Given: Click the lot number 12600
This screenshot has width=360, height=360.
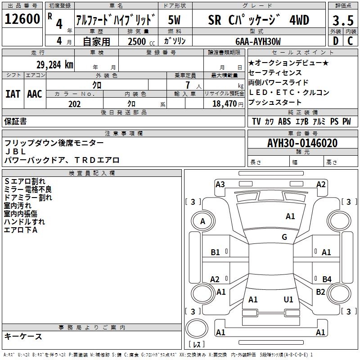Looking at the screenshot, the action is [x=22, y=20].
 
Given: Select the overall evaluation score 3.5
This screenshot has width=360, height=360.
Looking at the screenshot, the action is [x=342, y=21].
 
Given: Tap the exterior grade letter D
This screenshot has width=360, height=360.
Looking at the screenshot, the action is [x=335, y=40].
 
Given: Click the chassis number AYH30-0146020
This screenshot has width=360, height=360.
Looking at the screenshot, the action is [x=302, y=143].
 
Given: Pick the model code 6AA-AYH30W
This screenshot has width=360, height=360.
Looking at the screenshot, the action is [x=258, y=41].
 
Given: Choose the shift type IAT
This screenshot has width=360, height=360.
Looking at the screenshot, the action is [x=13, y=94].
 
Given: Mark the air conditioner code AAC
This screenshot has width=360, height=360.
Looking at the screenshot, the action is [x=35, y=94].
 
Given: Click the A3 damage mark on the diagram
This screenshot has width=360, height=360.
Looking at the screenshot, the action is [x=220, y=184].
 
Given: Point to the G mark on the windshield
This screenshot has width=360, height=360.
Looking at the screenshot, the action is [x=284, y=237].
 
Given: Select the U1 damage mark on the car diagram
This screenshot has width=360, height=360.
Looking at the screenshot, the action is [x=288, y=299].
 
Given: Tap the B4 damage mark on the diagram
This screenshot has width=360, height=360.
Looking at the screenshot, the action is [x=327, y=279].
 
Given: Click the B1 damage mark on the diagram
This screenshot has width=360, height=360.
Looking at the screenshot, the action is [x=216, y=252].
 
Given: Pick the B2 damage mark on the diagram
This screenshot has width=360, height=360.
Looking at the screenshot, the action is [x=321, y=292].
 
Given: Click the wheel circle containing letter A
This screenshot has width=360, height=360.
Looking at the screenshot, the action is [x=202, y=221].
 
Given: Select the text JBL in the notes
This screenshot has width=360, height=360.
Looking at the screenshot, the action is [x=15, y=152].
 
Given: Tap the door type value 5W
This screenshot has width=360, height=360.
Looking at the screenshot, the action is [x=174, y=20].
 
